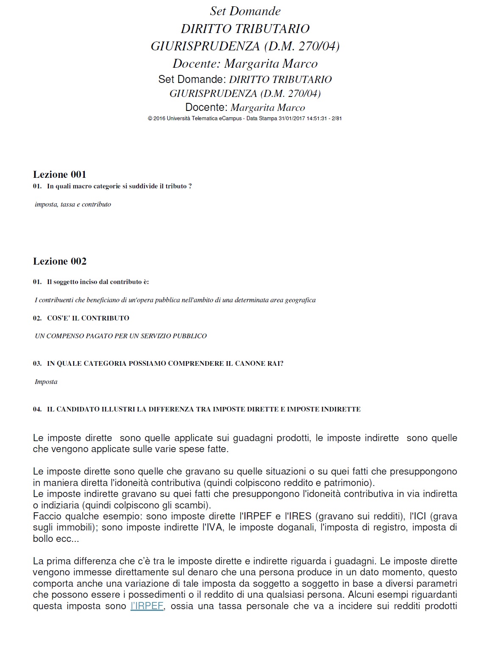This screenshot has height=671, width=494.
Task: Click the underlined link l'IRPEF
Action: pos(147,606)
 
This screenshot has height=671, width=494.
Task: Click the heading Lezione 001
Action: pos(60,174)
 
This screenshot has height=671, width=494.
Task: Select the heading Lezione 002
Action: pos(60,261)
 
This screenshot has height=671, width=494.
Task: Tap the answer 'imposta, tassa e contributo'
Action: pos(73,204)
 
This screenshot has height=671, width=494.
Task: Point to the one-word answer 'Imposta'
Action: pos(46,382)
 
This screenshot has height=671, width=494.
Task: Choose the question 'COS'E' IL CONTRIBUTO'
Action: pos(88,318)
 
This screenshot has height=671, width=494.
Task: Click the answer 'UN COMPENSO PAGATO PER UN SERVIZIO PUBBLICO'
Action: pos(121,336)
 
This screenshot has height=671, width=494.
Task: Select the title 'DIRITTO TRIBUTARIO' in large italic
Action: pos(245,29)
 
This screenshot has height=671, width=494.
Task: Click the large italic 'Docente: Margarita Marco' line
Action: pos(245,64)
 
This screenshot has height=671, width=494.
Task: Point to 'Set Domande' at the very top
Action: pos(245,11)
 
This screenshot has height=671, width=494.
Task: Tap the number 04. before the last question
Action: pos(37,409)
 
